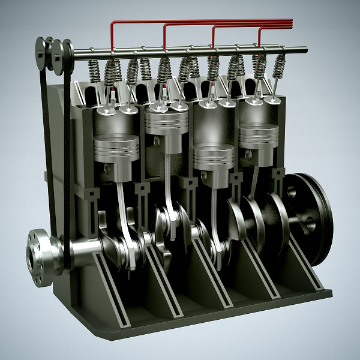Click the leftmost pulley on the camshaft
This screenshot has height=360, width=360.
tap(41, 54)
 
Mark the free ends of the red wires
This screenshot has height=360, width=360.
tap(290, 23)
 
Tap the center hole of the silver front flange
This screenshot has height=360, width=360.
tap(32, 256)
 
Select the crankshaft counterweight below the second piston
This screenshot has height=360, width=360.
tap(165, 231)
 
